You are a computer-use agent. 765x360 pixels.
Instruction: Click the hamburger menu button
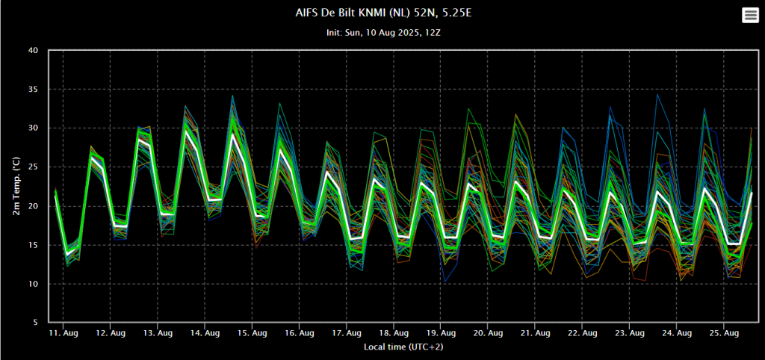click(750, 16)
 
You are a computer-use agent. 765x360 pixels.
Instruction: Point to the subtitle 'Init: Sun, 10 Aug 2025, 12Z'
click(384, 33)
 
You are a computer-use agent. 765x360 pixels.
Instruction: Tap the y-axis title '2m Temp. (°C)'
click(16, 186)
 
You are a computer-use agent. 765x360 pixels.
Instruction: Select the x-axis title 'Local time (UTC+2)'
click(403, 347)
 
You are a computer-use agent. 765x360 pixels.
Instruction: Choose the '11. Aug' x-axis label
click(63, 333)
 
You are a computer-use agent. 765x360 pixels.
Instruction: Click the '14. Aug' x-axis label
click(205, 333)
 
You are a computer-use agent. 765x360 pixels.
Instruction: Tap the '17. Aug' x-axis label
click(346, 333)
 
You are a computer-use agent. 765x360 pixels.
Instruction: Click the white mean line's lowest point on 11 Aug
click(67, 254)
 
